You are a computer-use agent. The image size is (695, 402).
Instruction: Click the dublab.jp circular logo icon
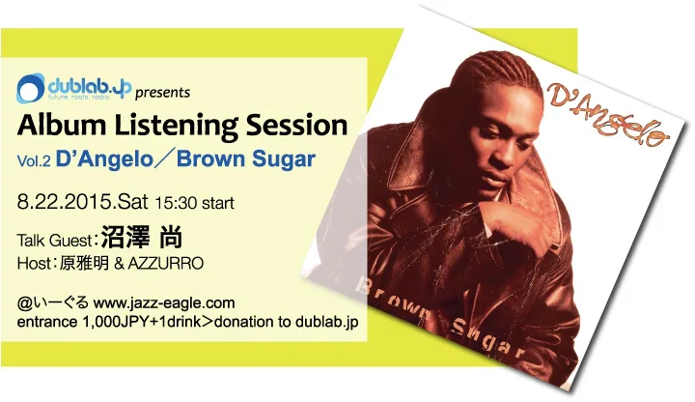click(31, 88)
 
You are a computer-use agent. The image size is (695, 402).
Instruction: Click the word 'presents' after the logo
click(162, 93)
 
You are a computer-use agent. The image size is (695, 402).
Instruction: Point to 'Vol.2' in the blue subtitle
click(34, 160)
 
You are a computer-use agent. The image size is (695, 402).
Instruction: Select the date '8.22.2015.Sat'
click(82, 202)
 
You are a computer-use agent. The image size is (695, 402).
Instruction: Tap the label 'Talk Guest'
click(54, 241)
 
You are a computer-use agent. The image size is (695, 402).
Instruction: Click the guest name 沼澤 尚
click(141, 237)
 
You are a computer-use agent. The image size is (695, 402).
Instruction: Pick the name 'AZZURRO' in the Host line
click(165, 264)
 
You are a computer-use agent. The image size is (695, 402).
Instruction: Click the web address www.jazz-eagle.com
click(164, 303)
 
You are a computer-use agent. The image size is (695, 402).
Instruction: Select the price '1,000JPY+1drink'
click(141, 322)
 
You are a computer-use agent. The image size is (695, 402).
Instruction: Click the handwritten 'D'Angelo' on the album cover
click(608, 114)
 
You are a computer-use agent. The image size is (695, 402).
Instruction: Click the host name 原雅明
click(84, 264)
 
